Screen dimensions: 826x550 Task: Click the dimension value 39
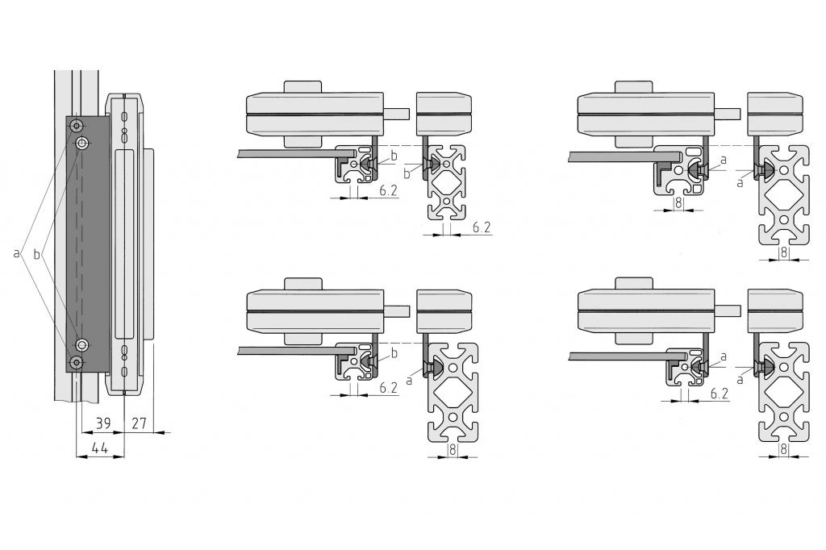pos(103,423)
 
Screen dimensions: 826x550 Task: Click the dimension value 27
pos(139,423)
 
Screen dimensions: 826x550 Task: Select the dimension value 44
pos(99,448)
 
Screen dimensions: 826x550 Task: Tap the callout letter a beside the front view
pos(16,253)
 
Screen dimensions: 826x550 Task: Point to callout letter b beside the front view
pos(36,255)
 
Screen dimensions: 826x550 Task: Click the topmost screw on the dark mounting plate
pos(77,125)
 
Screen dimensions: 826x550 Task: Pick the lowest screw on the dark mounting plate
pos(77,362)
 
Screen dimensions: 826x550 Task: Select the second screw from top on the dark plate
pos(82,143)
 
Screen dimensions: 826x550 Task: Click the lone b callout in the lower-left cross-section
pos(394,352)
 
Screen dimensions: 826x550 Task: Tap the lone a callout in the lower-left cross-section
pos(409,379)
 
